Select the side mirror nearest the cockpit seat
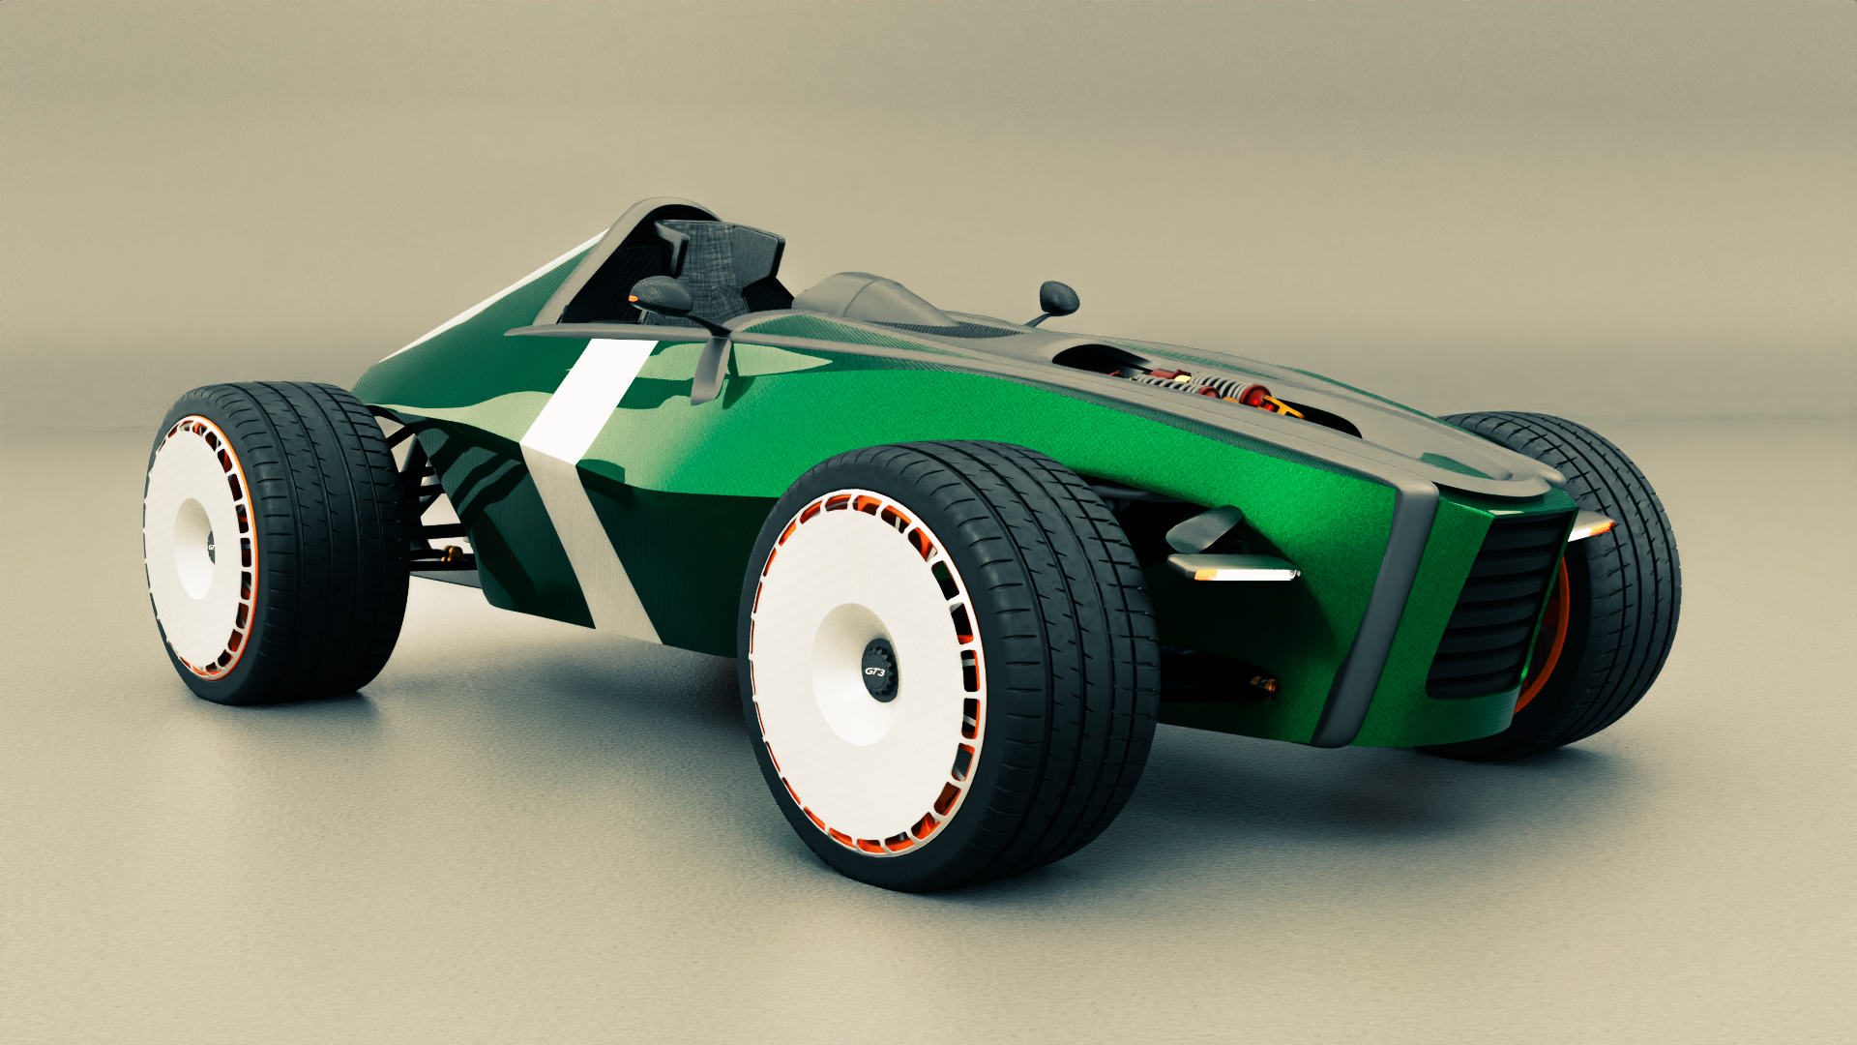[x=660, y=294]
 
